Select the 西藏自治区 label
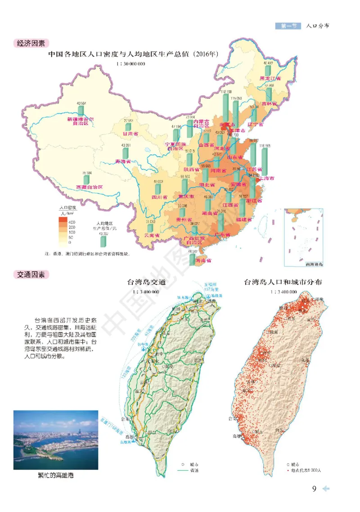(90, 187)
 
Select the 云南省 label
(152, 235)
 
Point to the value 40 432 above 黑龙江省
(268, 63)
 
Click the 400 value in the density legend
(72, 223)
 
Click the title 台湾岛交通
(147, 283)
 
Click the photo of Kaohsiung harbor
(56, 440)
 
